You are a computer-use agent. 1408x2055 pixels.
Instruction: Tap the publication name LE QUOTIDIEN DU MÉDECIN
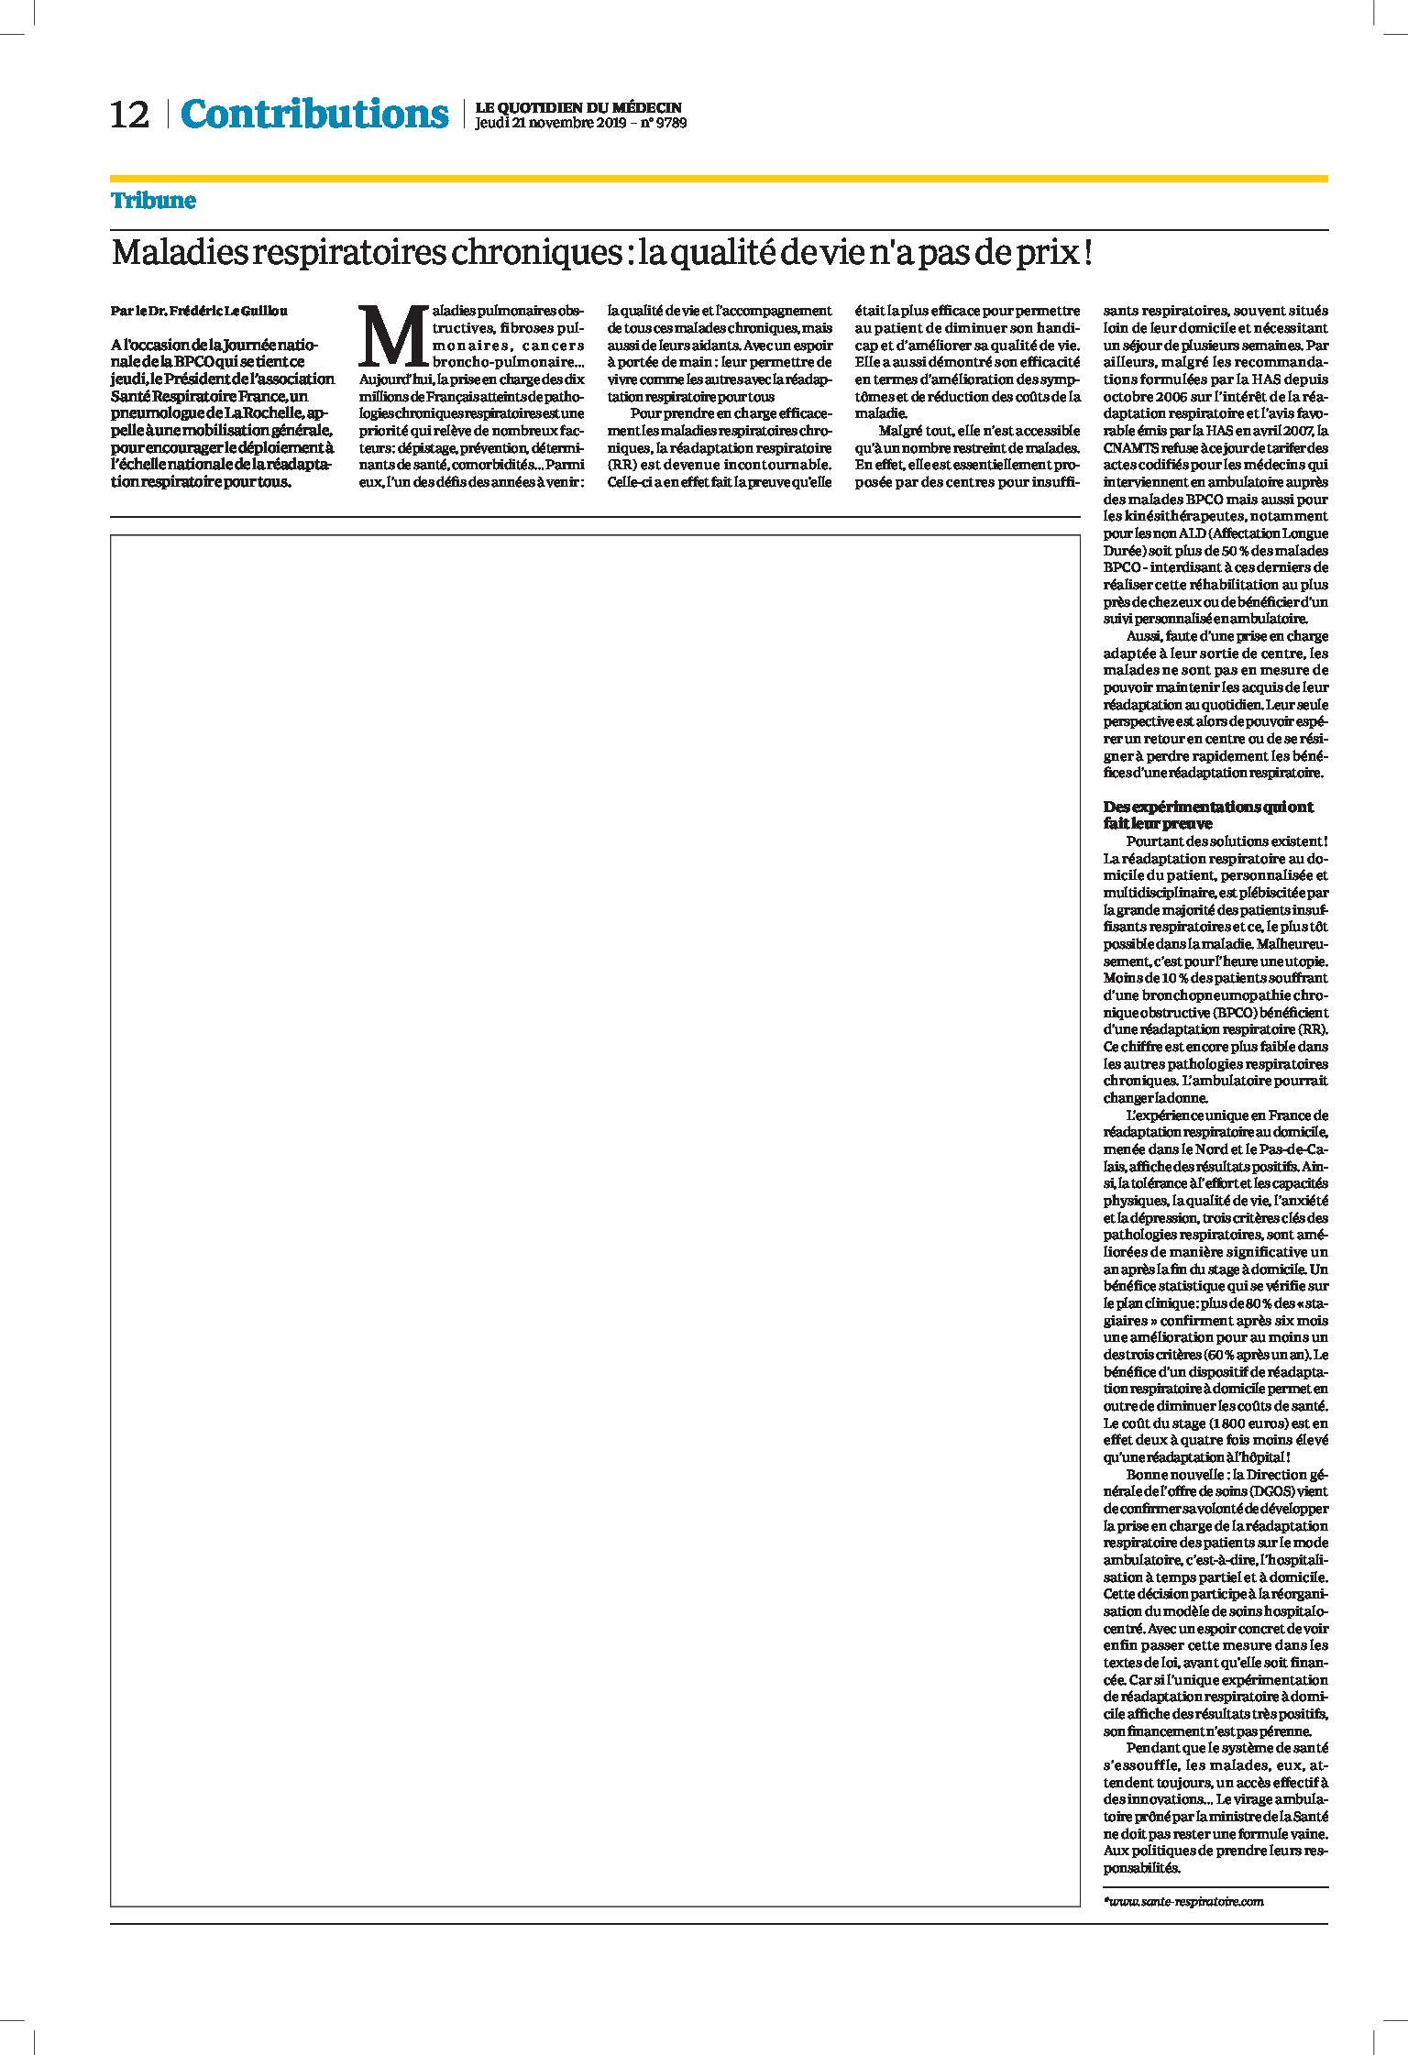click(578, 107)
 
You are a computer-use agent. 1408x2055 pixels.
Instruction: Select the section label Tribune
click(153, 200)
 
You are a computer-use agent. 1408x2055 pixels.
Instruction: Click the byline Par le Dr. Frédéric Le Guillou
click(199, 311)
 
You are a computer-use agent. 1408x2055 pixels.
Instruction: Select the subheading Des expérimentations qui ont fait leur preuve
click(1207, 815)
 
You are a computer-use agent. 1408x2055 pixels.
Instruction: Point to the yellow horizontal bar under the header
click(719, 179)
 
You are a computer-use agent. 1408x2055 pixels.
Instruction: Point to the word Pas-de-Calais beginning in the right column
click(1289, 1149)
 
